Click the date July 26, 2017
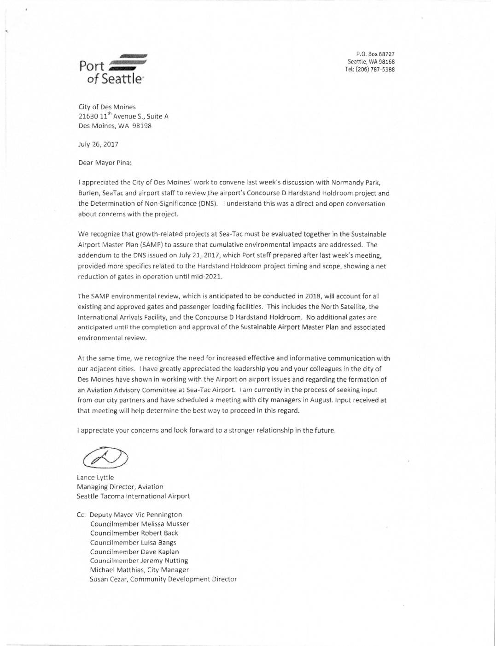coord(98,144)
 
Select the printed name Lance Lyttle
coord(95,478)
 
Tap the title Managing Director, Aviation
coord(120,487)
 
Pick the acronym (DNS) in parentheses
coord(208,204)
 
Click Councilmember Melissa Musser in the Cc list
coord(140,524)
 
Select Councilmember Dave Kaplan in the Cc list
coord(134,552)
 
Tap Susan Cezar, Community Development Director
coord(163,579)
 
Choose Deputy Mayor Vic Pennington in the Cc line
coord(135,515)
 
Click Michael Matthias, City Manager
coord(140,570)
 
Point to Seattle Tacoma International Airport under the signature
coord(133,496)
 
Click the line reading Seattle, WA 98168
coord(371,62)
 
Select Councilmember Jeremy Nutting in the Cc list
coord(139,561)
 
